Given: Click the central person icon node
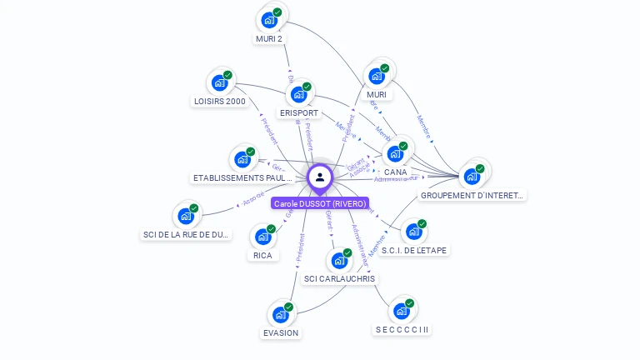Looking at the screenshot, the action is coord(320,177).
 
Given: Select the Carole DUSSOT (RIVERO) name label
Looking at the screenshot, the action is coord(320,203).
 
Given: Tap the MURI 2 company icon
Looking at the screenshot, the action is coord(268,20).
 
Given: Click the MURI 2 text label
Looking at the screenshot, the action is coord(269,38).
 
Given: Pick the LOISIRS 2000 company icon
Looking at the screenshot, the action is coord(219,82).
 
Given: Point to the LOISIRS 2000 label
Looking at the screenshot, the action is coord(219,102).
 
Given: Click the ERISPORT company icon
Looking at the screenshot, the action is coord(298,94).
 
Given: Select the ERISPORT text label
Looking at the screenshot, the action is coord(299,112).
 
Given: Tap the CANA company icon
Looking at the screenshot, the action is coord(395,153).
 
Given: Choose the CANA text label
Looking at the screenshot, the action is coord(396,172).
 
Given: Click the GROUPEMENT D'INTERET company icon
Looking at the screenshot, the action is coord(472,176).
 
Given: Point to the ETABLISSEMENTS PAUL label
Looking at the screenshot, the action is coord(243,177).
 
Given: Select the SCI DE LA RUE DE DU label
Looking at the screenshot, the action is coord(187,235).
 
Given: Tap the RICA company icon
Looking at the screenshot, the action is coord(262,237).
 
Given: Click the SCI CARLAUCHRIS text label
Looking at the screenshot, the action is coord(339,278).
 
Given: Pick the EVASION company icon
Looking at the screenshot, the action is coord(281,315).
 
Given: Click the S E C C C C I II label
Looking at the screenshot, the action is coord(402,329).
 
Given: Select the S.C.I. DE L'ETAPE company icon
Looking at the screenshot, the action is coord(413,232).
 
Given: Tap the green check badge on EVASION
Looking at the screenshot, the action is coord(289,307).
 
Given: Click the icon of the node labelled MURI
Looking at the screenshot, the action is coord(377,76).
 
